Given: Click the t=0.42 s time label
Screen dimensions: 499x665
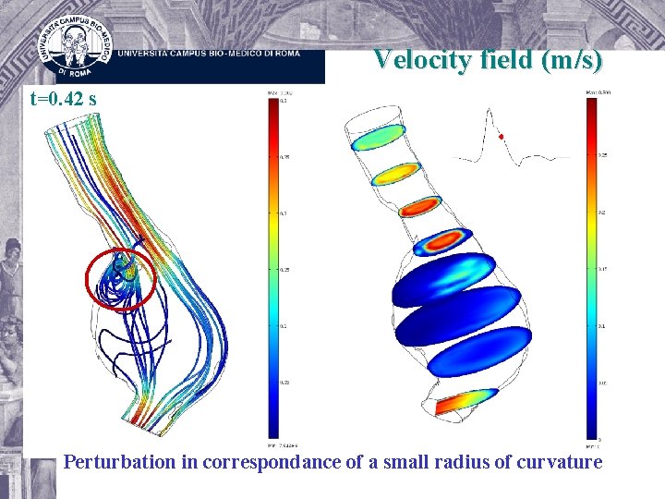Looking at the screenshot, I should point(63,98).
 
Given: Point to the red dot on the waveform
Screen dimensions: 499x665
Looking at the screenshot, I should point(501,137).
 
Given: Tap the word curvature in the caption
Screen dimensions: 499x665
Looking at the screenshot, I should point(557,461).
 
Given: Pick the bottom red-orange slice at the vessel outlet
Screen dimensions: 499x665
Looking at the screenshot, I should point(466,401).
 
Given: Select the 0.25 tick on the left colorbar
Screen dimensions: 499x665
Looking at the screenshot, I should point(284,270).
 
